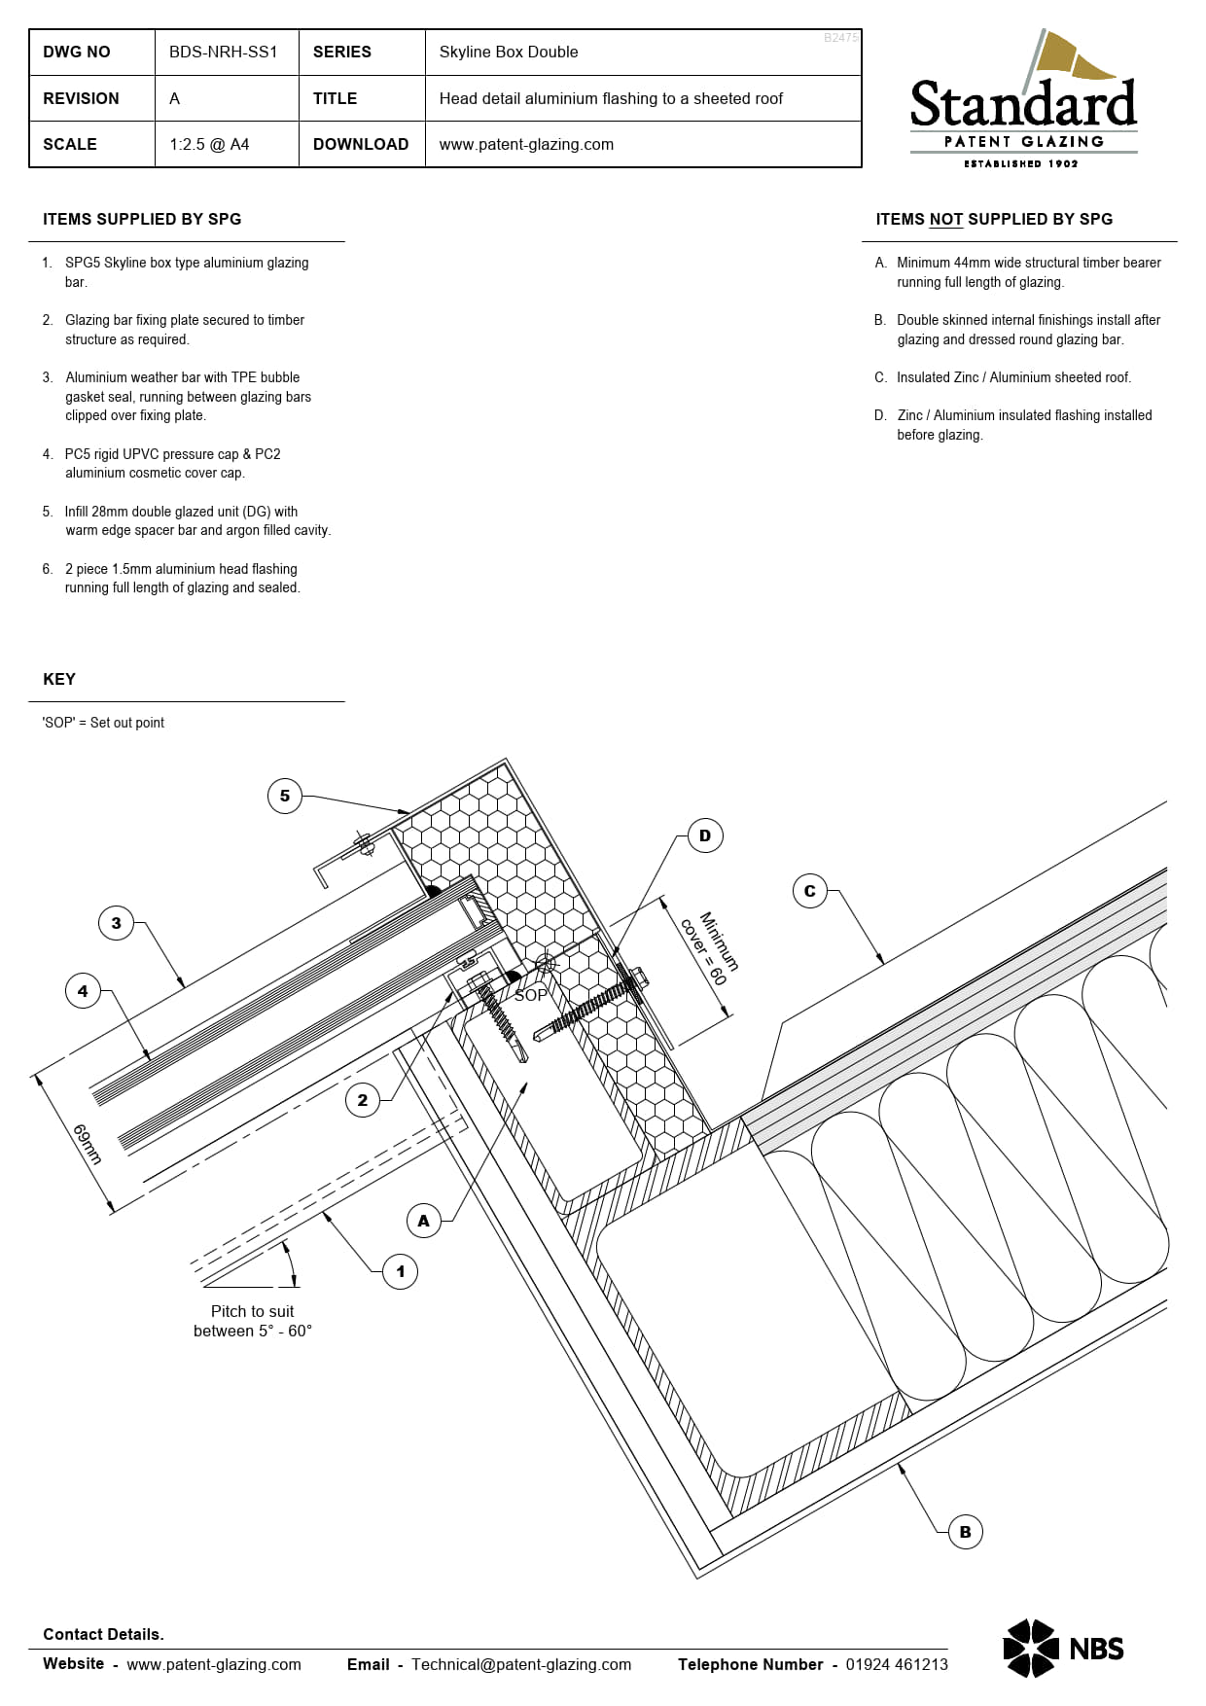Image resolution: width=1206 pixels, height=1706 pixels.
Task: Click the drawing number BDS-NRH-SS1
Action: click(224, 52)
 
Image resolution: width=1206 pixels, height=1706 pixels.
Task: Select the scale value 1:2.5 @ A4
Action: click(209, 144)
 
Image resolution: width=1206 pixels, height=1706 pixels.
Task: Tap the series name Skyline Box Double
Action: click(509, 52)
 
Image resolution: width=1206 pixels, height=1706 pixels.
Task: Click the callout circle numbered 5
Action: click(285, 796)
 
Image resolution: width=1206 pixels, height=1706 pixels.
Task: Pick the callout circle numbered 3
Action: click(117, 923)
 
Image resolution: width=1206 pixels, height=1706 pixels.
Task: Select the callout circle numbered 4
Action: click(83, 991)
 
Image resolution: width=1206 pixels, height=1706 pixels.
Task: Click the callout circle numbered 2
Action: click(363, 1100)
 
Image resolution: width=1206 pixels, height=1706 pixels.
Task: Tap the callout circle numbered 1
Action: click(400, 1271)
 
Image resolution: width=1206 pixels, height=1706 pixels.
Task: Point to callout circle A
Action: click(423, 1221)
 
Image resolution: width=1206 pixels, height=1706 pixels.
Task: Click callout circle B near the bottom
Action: click(965, 1532)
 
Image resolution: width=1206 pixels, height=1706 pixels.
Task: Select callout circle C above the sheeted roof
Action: click(810, 891)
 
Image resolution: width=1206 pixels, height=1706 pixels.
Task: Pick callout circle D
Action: click(705, 835)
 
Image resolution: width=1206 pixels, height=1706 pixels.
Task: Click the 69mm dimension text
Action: click(88, 1144)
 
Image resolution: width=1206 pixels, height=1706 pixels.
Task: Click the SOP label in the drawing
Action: click(530, 995)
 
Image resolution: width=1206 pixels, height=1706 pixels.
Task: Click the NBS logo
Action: click(1063, 1649)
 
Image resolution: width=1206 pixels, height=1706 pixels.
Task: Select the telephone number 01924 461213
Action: click(896, 1664)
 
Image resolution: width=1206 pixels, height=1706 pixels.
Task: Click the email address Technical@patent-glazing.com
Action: click(521, 1664)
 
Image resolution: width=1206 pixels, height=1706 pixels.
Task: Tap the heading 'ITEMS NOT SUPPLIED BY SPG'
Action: click(994, 219)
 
